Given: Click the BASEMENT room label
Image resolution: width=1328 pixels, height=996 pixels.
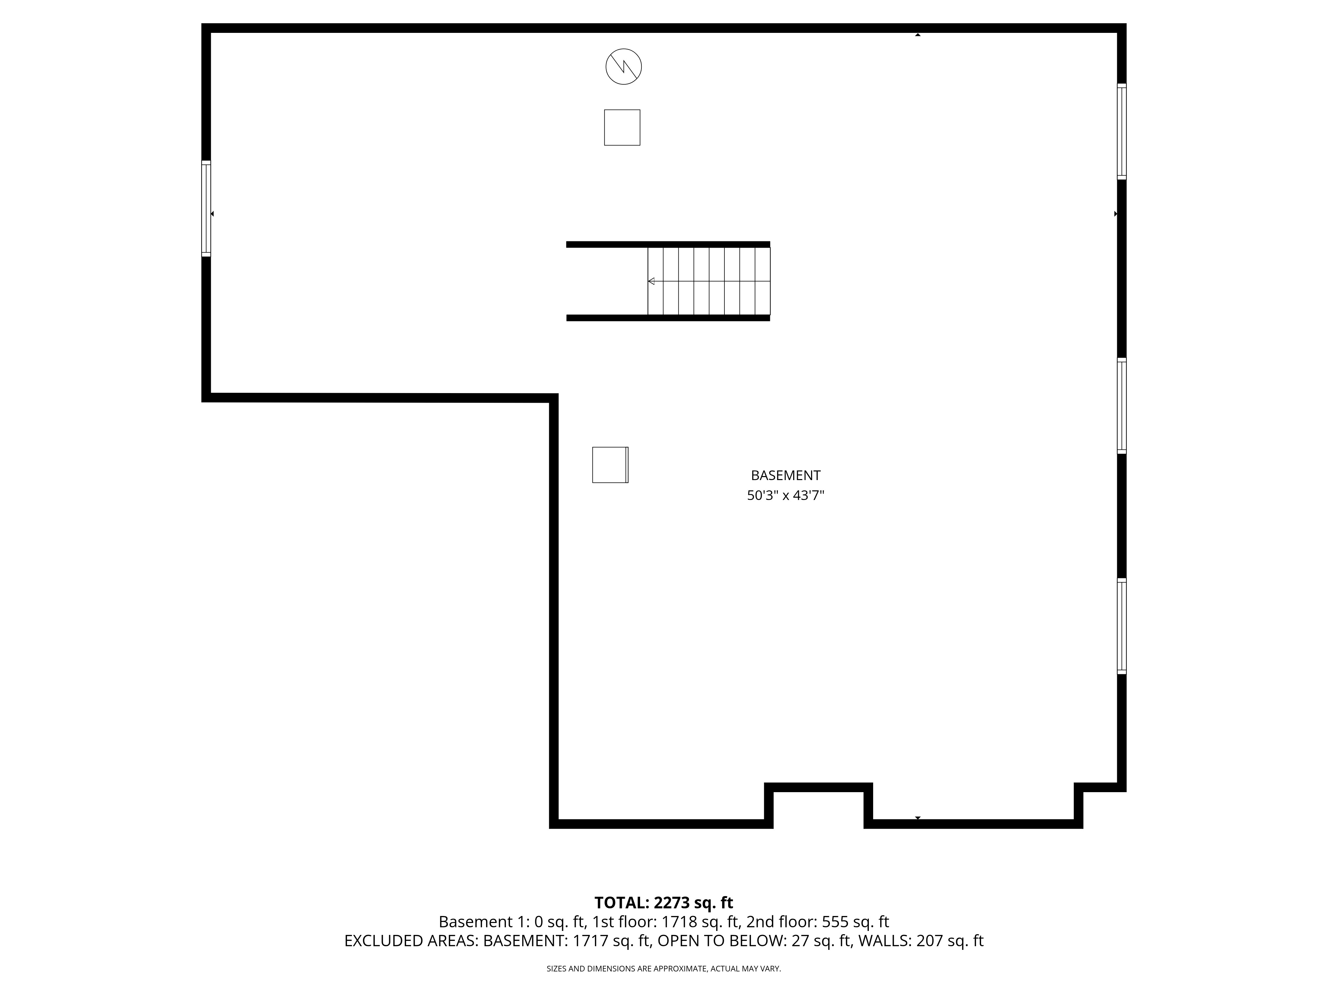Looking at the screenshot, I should click(x=785, y=475).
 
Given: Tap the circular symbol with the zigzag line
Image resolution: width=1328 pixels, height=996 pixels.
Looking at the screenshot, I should click(x=623, y=67).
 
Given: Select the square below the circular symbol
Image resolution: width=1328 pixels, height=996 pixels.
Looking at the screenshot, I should click(x=622, y=127).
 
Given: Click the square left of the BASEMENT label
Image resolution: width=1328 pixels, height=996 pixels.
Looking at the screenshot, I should click(x=610, y=465).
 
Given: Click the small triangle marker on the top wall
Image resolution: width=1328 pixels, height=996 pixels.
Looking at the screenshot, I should click(x=917, y=35).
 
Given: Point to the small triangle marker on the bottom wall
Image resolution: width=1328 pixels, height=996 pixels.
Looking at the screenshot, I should click(x=917, y=818).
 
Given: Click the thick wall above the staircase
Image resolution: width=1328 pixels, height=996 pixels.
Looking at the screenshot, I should click(x=668, y=244).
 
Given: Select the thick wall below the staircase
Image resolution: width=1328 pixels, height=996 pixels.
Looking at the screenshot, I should click(x=668, y=318).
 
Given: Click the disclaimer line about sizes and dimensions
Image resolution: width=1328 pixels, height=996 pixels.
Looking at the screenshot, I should click(x=663, y=968).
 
